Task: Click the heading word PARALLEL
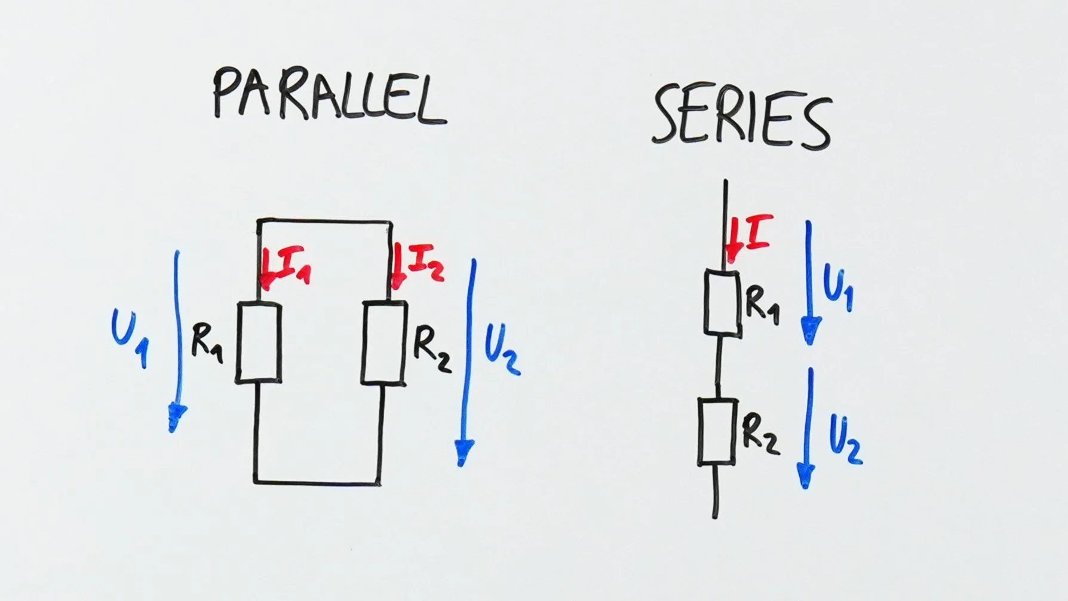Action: coord(329,96)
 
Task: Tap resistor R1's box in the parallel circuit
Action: coord(259,343)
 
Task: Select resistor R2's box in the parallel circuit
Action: coord(384,343)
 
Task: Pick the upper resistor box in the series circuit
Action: coord(723,302)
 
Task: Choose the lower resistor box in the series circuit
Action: coord(717,432)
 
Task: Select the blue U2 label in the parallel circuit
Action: coord(501,351)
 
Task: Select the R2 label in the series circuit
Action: coord(760,434)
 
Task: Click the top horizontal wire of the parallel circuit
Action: coord(324,222)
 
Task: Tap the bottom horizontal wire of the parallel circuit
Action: coord(317,482)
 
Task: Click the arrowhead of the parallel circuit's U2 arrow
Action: coord(464,451)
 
